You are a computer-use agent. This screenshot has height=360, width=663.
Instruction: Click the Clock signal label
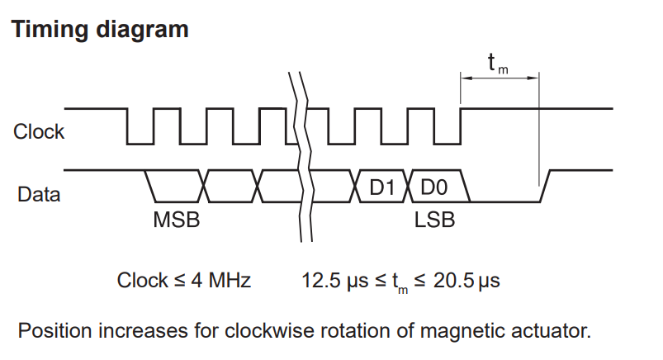pyautogui.click(x=39, y=131)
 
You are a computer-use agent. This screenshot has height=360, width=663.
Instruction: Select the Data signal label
pyautogui.click(x=37, y=195)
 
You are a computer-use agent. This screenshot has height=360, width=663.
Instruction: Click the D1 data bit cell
pyautogui.click(x=382, y=187)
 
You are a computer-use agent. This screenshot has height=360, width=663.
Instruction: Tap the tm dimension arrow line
pyautogui.click(x=500, y=78)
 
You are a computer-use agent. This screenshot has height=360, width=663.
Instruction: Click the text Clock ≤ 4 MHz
pyautogui.click(x=184, y=281)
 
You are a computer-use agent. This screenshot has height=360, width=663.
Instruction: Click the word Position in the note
pyautogui.click(x=54, y=332)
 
